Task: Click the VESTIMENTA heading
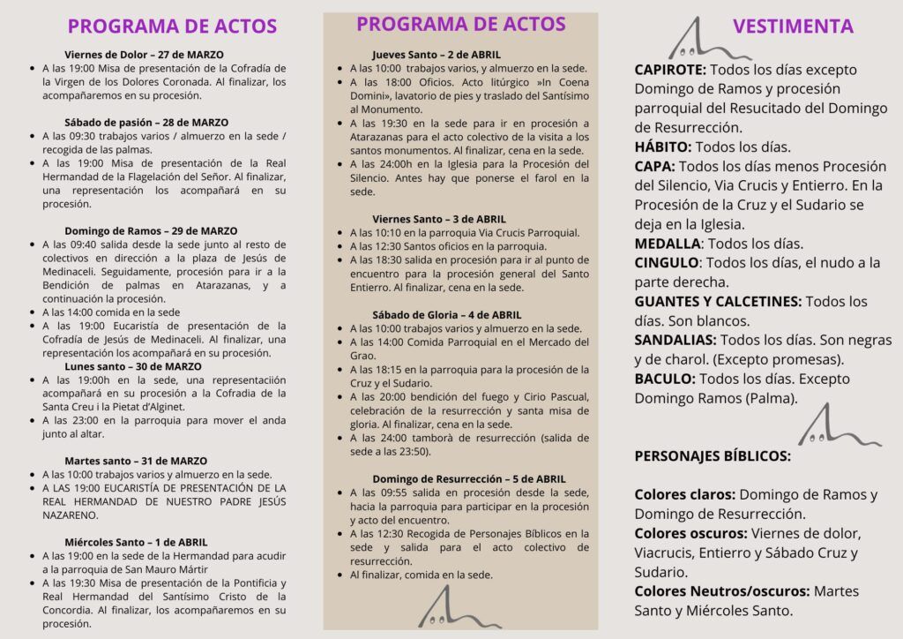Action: coord(793,26)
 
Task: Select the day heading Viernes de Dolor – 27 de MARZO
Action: coord(144,55)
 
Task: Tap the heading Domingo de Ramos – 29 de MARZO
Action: coord(151,231)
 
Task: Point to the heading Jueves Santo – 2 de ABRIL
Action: coord(437,55)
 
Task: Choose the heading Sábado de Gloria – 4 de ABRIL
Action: coord(446,315)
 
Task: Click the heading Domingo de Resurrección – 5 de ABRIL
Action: coord(468,478)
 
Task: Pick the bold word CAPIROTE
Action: coord(670,70)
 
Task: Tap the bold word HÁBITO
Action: coord(661,147)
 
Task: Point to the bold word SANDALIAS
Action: coord(675,341)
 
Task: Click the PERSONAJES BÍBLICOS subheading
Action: coord(713,456)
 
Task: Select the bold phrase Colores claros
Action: coord(685,495)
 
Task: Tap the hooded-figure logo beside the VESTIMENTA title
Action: coord(698,39)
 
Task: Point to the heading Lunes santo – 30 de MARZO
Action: coord(133,366)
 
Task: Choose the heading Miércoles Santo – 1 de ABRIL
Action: coord(136,542)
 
